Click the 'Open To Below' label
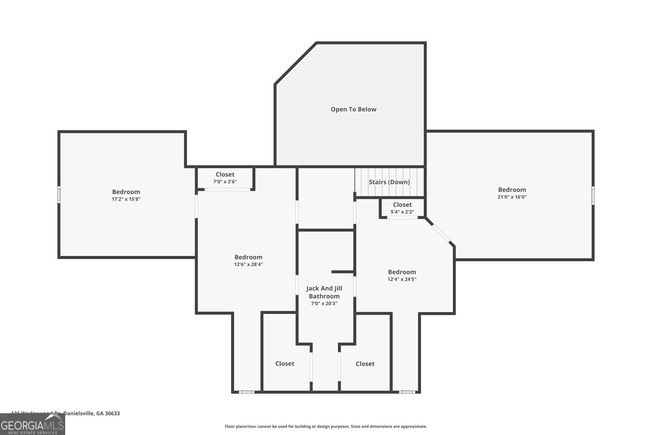pyautogui.click(x=353, y=109)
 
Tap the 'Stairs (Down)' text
pyautogui.click(x=389, y=182)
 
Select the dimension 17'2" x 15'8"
pyautogui.click(x=126, y=199)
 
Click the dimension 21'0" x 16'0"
pyautogui.click(x=512, y=197)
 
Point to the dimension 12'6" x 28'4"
pyautogui.click(x=248, y=264)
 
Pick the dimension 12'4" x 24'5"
pyautogui.click(x=402, y=279)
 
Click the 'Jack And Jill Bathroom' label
pyautogui.click(x=324, y=292)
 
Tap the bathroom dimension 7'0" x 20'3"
pyautogui.click(x=324, y=303)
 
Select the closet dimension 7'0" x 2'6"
pyautogui.click(x=225, y=181)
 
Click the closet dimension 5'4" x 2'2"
pyautogui.click(x=402, y=212)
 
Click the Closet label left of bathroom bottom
pyautogui.click(x=284, y=364)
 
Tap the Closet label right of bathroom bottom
pyautogui.click(x=365, y=364)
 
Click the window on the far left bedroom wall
pyautogui.click(x=59, y=194)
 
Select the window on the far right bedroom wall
pyautogui.click(x=593, y=195)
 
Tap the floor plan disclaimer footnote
pyautogui.click(x=326, y=426)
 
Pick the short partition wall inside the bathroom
pyautogui.click(x=342, y=272)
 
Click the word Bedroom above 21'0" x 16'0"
pyautogui.click(x=512, y=190)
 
